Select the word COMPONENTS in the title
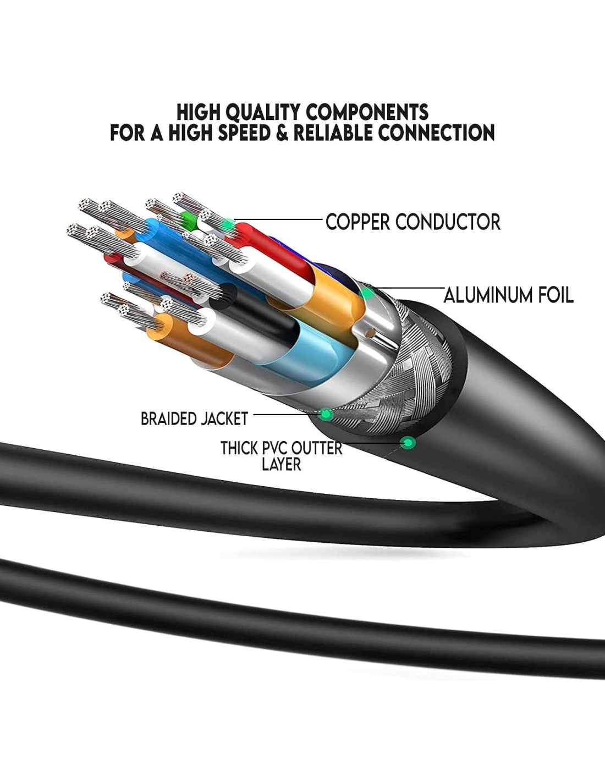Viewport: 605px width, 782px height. click(367, 112)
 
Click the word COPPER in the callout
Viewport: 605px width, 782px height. click(358, 222)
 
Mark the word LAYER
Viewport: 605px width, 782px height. click(281, 465)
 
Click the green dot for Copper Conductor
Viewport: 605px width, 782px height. click(227, 224)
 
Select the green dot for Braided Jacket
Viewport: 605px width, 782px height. click(326, 414)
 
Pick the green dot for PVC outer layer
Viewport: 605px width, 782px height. click(408, 442)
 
